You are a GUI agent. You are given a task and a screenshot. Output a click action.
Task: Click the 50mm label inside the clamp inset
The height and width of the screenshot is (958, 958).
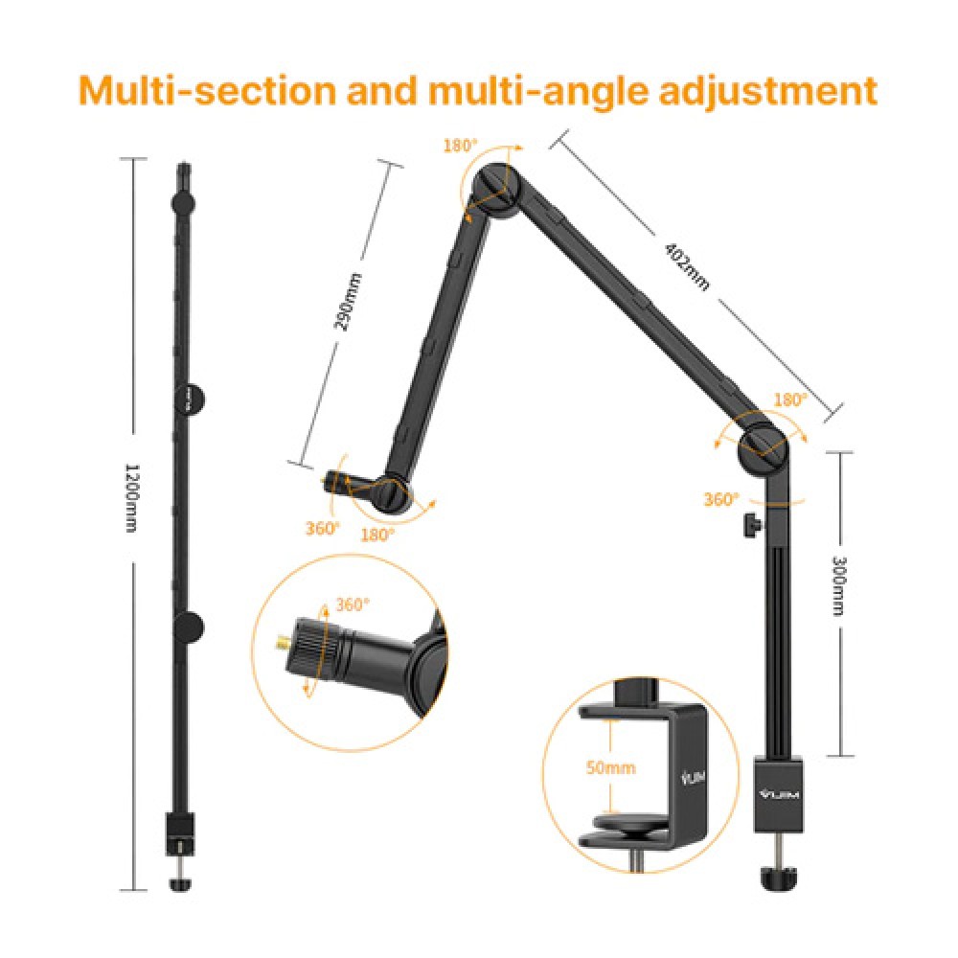click(611, 767)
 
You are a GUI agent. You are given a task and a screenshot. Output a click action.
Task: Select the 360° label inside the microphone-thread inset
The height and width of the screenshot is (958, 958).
click(353, 604)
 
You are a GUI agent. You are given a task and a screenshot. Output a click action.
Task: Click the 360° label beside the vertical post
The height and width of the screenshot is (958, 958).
click(721, 499)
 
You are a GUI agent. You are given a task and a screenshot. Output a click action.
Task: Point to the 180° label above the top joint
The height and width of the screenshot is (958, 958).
click(460, 146)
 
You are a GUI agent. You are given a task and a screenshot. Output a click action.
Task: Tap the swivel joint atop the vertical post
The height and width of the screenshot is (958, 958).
click(764, 442)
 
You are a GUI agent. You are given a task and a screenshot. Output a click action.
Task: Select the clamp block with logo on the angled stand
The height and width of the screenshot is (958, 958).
click(777, 794)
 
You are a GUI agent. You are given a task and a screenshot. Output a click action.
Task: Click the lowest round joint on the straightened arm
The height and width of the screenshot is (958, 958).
click(189, 627)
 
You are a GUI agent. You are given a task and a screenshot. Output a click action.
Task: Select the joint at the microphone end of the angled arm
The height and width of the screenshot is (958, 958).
click(393, 492)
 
